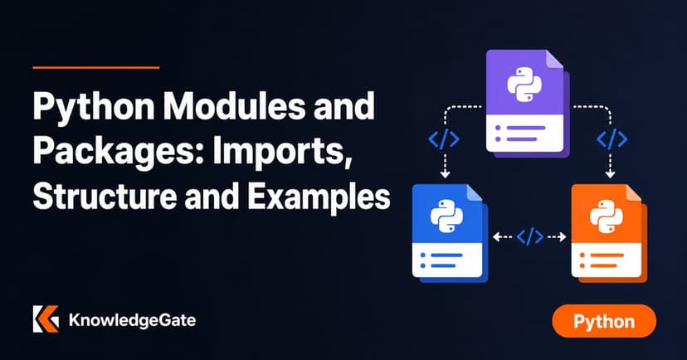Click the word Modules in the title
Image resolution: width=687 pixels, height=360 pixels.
[x=236, y=106]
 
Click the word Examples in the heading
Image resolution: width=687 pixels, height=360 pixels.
[x=319, y=197]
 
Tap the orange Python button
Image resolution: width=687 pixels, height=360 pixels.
[x=604, y=321]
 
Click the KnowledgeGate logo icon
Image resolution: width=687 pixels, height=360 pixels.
[x=46, y=319]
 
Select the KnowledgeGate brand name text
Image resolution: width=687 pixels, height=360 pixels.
[x=132, y=320]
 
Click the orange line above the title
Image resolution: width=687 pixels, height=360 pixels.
[x=96, y=67]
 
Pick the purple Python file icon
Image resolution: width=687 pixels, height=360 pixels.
[x=527, y=104]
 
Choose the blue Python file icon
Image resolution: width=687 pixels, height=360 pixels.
[x=450, y=233]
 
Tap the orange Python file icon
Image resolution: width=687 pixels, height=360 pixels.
[x=609, y=233]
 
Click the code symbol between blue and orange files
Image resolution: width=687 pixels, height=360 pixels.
[x=529, y=237]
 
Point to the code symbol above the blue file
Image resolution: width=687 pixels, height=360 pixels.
[x=444, y=139]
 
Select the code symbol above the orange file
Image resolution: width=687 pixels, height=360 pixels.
[x=611, y=139]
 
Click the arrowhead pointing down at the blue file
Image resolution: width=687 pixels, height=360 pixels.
[x=446, y=175]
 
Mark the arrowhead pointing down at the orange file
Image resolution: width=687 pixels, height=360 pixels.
[x=611, y=175]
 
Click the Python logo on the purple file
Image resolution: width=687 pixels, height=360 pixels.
[x=524, y=85]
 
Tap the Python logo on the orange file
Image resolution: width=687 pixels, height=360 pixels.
[x=607, y=216]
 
